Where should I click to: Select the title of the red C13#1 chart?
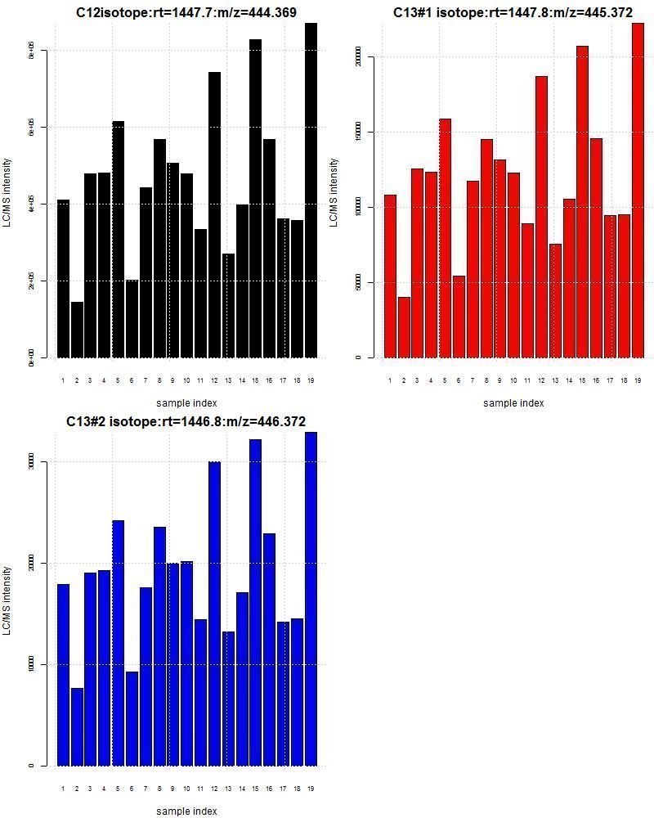point(513,12)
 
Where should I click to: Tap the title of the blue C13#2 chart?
point(186,421)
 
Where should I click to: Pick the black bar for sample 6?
point(132,319)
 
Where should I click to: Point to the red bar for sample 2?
point(404,327)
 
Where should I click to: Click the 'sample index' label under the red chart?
point(513,402)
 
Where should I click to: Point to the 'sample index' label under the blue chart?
point(186,811)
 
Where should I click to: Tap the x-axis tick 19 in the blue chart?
point(311,789)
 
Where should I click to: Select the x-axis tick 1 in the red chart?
point(390,380)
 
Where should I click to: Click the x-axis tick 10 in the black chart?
point(186,380)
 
